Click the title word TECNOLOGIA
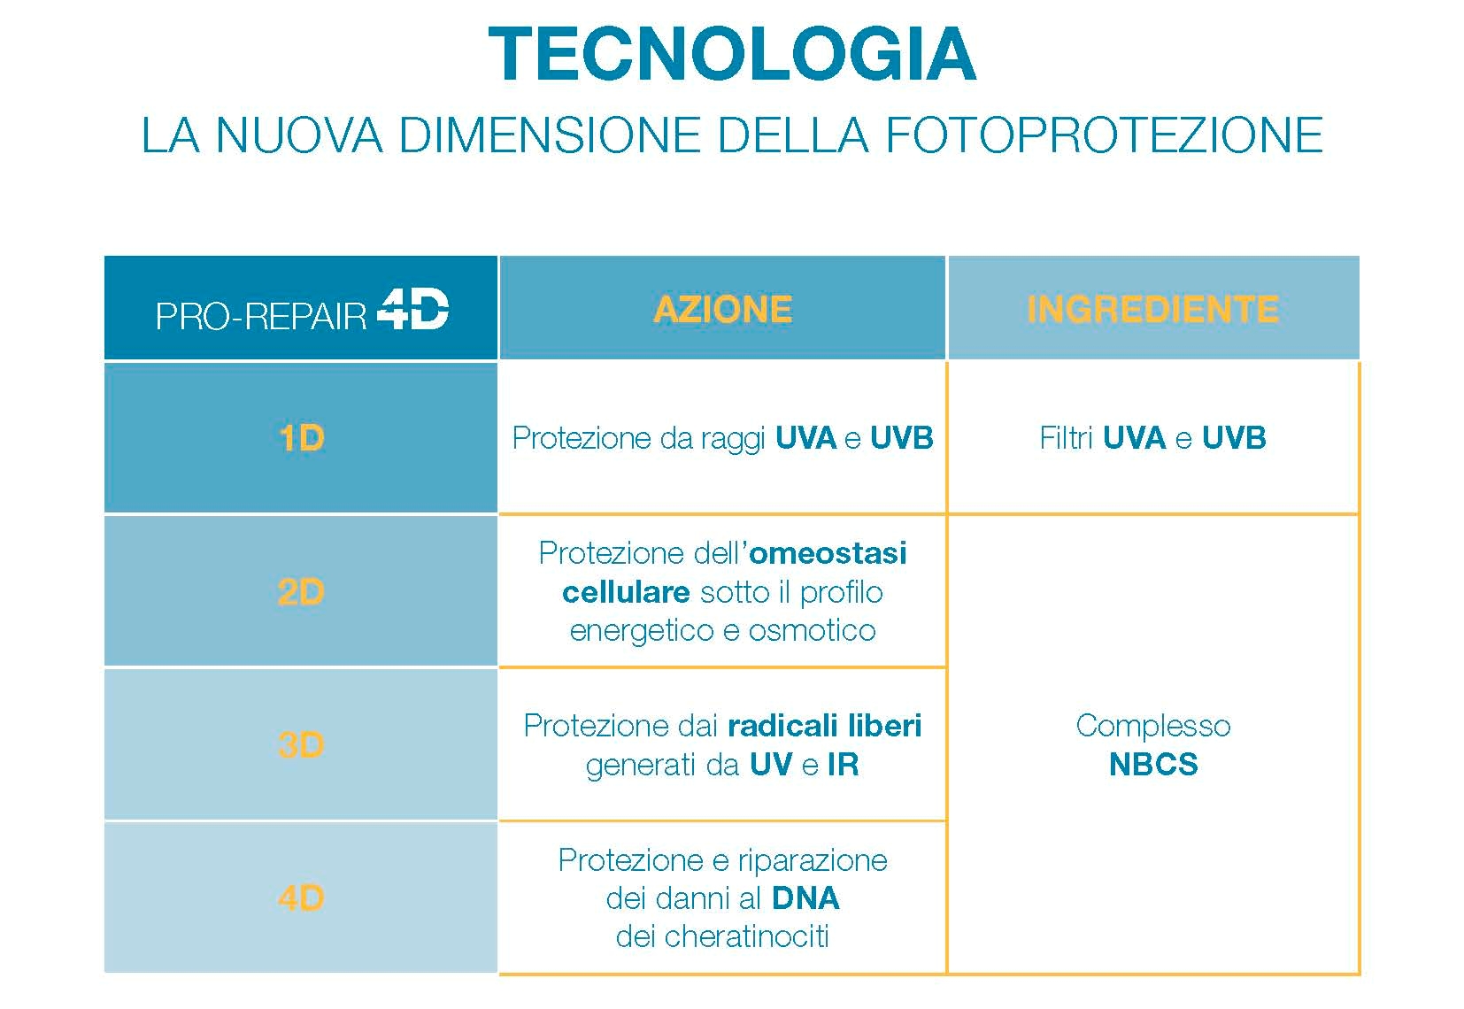tap(732, 54)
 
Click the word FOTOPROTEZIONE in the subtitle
tap(1105, 135)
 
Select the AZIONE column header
tap(723, 309)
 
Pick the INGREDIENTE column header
tap(1153, 309)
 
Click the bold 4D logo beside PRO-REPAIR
tap(413, 308)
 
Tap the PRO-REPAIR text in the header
tap(261, 316)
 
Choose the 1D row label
tap(301, 438)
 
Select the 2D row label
tap(301, 592)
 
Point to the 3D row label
tap(301, 745)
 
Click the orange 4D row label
tap(301, 897)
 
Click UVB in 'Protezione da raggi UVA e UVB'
tap(902, 438)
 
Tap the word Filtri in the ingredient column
tap(1066, 438)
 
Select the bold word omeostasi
tap(828, 553)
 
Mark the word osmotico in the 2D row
tap(812, 630)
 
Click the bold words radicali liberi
tap(825, 726)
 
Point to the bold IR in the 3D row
tap(844, 765)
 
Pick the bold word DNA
tap(805, 898)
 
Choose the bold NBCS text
tap(1153, 765)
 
